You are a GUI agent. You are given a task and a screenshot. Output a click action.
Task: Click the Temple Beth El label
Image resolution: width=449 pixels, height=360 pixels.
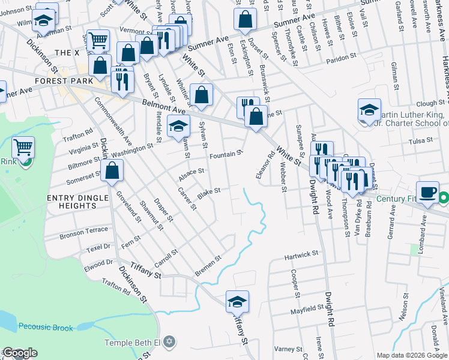tap(133, 343)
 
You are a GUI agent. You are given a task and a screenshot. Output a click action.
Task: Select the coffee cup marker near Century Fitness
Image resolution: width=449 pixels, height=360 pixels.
tap(427, 193)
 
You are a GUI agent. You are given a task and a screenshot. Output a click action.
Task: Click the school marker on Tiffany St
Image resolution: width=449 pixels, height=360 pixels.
tap(237, 301)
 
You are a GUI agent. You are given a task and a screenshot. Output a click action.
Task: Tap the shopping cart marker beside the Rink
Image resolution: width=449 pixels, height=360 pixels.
tap(23, 147)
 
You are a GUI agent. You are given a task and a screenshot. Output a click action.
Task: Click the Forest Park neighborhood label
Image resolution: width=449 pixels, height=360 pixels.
tap(64, 81)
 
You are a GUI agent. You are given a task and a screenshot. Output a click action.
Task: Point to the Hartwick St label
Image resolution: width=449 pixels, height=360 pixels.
tap(301, 256)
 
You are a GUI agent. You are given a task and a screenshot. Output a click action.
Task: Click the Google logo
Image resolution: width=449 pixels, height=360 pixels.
tap(19, 353)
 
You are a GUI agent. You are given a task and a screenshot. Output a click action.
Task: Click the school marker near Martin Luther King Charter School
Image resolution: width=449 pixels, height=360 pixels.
tap(369, 111)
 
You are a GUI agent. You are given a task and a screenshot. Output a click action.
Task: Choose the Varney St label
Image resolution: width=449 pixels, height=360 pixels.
tap(289, 349)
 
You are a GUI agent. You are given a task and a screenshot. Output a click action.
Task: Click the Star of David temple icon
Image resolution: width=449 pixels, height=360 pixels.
tap(169, 342)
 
